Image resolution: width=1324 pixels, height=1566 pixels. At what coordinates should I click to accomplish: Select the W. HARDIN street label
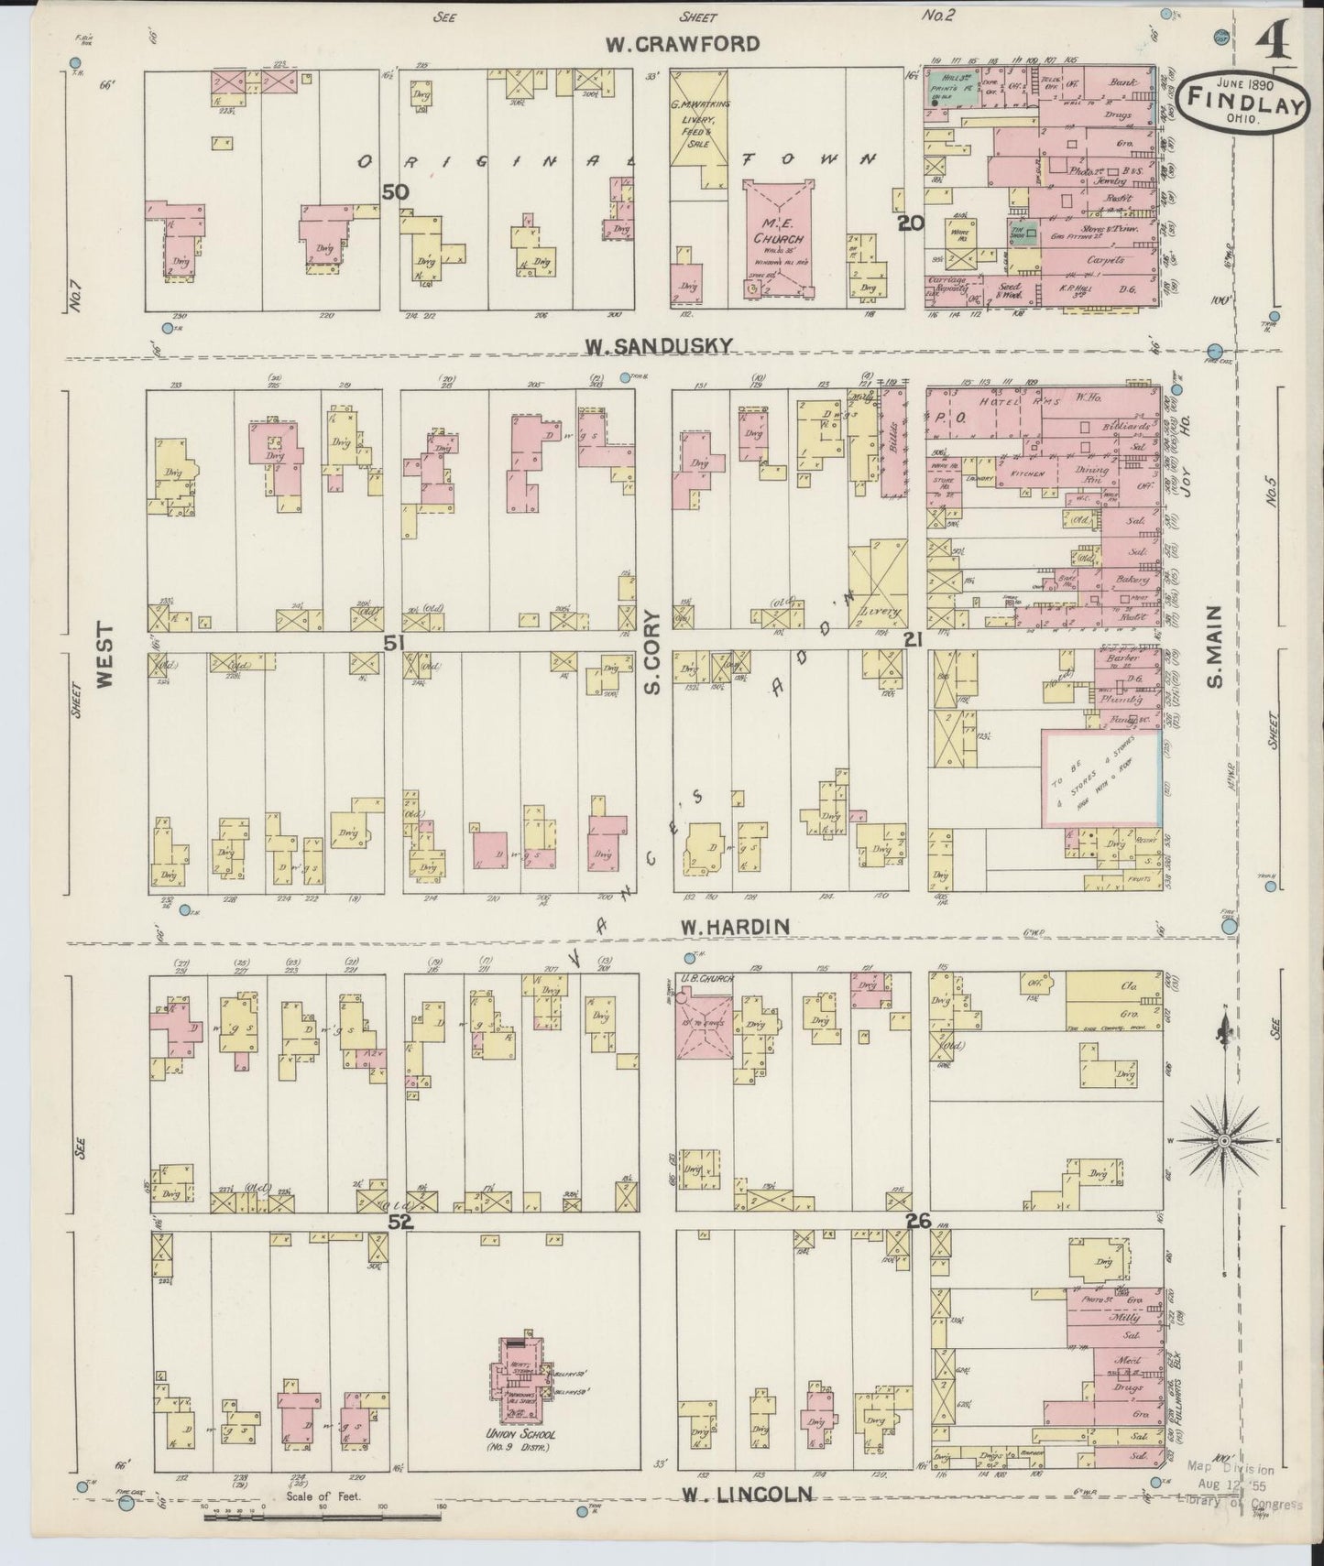pos(735,927)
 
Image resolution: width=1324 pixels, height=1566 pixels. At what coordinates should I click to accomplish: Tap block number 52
pos(399,1222)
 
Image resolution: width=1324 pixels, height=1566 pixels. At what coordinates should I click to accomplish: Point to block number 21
pos(912,641)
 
